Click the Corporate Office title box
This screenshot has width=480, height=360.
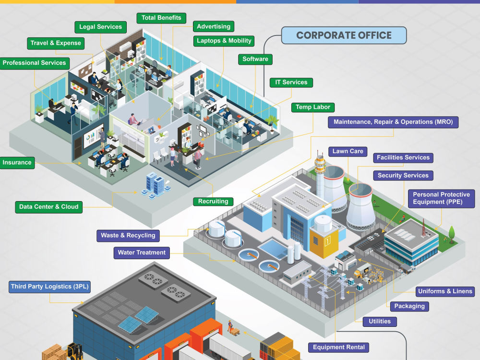tap(344, 35)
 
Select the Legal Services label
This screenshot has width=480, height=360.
tap(100, 27)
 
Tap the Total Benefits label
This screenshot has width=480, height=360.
tap(161, 18)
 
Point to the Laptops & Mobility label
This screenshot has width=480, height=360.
tap(224, 41)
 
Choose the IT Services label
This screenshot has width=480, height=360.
tap(291, 83)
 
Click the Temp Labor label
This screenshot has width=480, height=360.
tap(313, 107)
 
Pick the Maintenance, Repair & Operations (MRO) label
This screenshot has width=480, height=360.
tap(393, 122)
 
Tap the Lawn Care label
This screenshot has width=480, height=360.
tap(348, 151)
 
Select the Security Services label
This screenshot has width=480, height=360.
tap(403, 175)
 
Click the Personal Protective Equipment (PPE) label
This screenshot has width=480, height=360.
tap(442, 198)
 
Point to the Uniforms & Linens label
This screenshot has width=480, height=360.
tap(445, 291)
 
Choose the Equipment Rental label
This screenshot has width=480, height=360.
tap(339, 347)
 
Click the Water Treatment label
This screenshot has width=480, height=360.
tap(142, 253)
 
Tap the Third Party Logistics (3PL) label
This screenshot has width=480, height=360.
tap(49, 287)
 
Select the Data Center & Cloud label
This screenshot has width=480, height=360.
tap(48, 207)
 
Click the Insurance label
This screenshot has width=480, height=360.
tap(17, 163)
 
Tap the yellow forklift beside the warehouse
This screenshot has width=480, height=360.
tap(75, 351)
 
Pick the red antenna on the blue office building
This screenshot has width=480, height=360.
tap(424, 228)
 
